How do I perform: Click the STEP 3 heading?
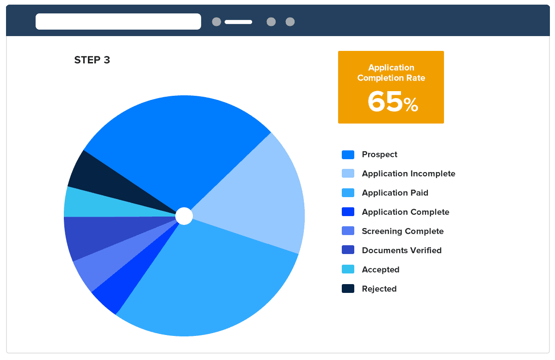[92, 60]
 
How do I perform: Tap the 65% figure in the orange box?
[392, 102]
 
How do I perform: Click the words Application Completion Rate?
[391, 73]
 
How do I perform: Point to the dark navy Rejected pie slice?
[92, 174]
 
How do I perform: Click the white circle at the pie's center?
[184, 216]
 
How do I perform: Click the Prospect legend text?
[380, 155]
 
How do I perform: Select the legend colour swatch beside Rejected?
[348, 289]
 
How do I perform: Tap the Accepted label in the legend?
[381, 270]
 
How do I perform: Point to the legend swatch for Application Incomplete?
[348, 174]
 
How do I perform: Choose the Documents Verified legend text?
[401, 250]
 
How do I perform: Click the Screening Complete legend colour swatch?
[348, 231]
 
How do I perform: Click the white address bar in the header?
[118, 22]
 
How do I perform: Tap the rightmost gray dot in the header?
[290, 22]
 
